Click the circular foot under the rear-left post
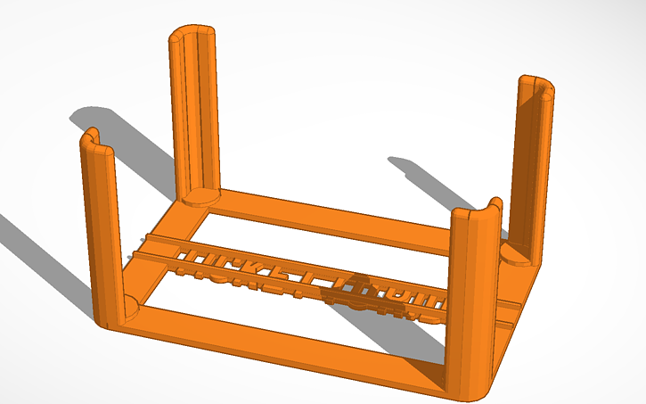click(x=200, y=196)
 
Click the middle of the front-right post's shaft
click(x=469, y=303)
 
